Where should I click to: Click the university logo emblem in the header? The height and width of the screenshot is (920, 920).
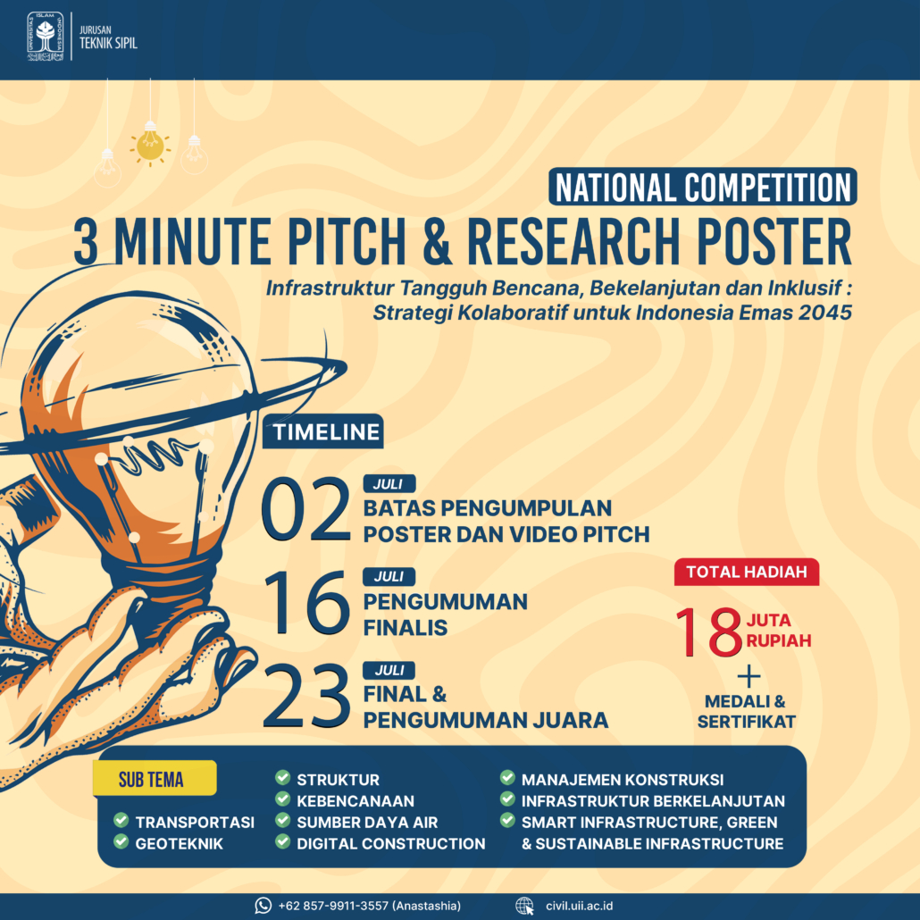coord(46,37)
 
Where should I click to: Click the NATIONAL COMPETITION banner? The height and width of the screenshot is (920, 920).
coord(702,187)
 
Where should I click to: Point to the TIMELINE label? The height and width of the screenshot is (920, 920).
coord(323,431)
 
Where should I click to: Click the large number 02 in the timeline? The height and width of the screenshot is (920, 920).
coord(305,509)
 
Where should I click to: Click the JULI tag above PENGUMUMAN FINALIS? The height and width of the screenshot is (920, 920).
coord(389,577)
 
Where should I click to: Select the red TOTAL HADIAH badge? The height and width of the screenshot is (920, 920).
coord(747,572)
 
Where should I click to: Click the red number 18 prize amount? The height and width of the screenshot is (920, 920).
coord(709,631)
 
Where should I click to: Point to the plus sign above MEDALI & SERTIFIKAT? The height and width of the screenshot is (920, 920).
coord(749,677)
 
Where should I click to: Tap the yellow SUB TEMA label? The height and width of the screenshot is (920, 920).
coord(155,779)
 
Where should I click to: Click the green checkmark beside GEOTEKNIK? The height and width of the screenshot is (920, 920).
coord(121,841)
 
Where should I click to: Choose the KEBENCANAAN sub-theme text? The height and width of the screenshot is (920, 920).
coord(355,801)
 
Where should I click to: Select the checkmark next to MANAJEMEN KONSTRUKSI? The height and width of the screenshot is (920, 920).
coord(507,777)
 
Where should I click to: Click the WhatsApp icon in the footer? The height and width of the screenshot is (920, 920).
coord(263,906)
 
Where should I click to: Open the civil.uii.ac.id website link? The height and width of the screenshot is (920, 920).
coord(579,906)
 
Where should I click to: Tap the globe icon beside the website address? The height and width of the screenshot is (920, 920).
coord(524,906)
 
